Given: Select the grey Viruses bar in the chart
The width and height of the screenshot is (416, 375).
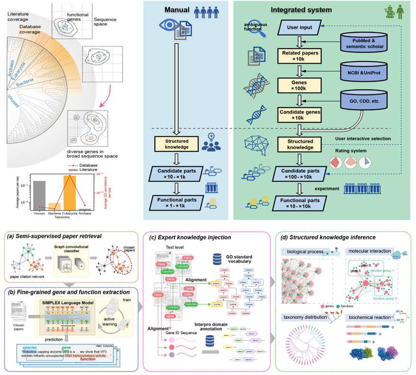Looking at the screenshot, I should coord(39,195).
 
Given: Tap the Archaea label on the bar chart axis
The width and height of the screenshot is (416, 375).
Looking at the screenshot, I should coord(85,214).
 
